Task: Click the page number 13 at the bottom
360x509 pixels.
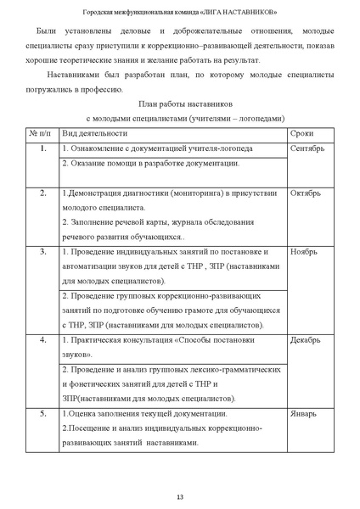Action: click(180, 495)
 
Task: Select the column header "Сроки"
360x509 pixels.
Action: click(301, 134)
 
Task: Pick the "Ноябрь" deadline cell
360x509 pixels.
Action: click(303, 253)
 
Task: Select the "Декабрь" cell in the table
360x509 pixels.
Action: click(306, 341)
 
